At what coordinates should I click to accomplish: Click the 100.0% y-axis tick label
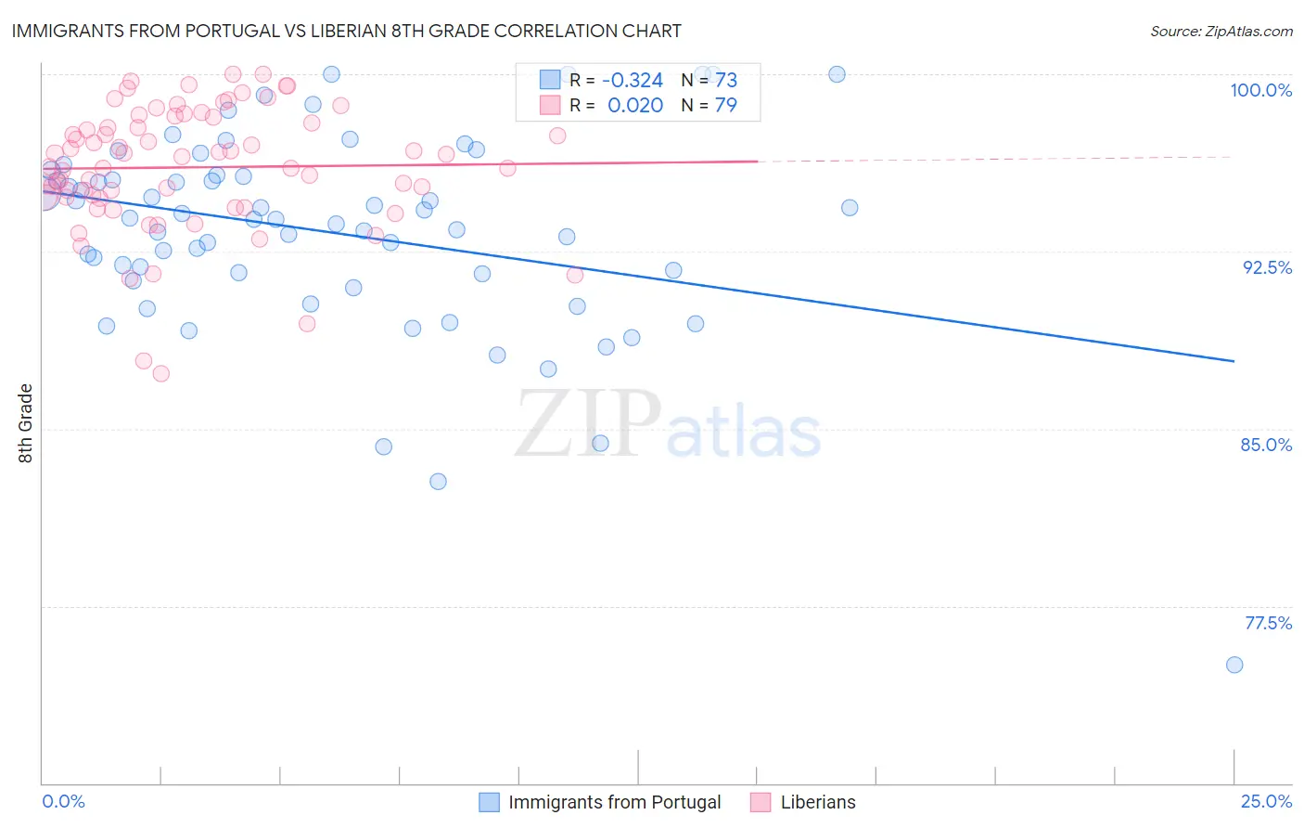[1260, 90]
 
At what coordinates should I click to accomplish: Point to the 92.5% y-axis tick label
[1267, 267]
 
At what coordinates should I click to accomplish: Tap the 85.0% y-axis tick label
[1266, 445]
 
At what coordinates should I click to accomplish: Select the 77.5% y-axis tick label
[1268, 623]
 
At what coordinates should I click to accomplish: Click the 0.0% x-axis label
[63, 801]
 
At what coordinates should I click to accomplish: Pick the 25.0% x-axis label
[1266, 801]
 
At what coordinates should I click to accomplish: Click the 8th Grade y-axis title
[25, 422]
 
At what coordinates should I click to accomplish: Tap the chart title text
[346, 31]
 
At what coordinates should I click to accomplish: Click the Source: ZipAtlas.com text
[1221, 31]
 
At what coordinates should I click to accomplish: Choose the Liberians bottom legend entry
[818, 802]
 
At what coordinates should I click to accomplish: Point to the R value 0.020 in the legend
[635, 105]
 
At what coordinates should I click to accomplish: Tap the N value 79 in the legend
[725, 105]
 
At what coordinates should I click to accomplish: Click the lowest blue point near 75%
[1234, 665]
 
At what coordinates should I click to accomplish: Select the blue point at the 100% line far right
[837, 74]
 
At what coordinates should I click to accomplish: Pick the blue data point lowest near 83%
[438, 481]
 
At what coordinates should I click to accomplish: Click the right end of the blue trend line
[1234, 360]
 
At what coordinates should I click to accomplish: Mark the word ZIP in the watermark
[588, 423]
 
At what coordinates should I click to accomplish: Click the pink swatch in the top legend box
[550, 105]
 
